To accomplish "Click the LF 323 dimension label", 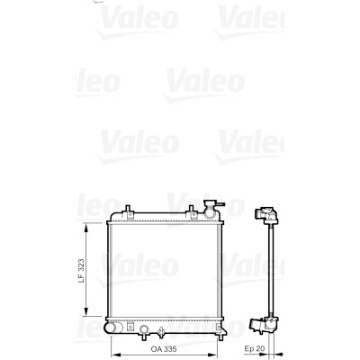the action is tap(81, 271).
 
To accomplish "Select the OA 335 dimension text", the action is tap(164, 349).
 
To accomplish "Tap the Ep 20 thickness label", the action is tap(255, 349).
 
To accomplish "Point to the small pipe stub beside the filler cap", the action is tap(220, 204).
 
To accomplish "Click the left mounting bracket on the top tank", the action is tap(128, 211).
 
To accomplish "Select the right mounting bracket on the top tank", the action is tap(191, 211).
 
